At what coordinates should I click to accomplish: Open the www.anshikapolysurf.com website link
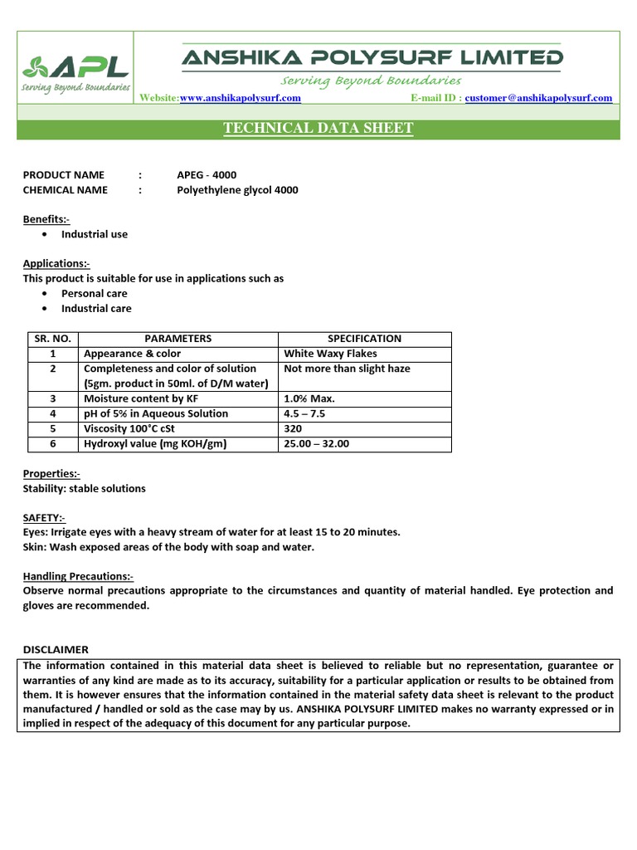click(x=240, y=98)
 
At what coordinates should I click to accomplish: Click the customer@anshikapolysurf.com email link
click(x=538, y=98)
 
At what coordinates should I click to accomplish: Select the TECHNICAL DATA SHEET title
click(x=318, y=129)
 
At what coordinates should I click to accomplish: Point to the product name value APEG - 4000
click(x=207, y=174)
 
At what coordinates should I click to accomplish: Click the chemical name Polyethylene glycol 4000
click(x=237, y=190)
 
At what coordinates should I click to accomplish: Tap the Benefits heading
click(x=46, y=219)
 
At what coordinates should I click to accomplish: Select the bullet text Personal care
click(x=94, y=293)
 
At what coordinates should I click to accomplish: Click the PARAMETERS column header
click(x=177, y=339)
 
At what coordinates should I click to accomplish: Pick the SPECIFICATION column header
click(x=364, y=339)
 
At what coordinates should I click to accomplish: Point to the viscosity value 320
click(x=293, y=429)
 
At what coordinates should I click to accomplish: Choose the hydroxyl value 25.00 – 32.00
click(x=316, y=444)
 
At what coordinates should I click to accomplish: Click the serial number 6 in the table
click(x=51, y=444)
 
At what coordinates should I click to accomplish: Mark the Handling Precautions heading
click(x=78, y=576)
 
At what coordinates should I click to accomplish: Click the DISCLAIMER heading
click(x=55, y=649)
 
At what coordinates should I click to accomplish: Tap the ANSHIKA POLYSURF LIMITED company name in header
click(x=372, y=57)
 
